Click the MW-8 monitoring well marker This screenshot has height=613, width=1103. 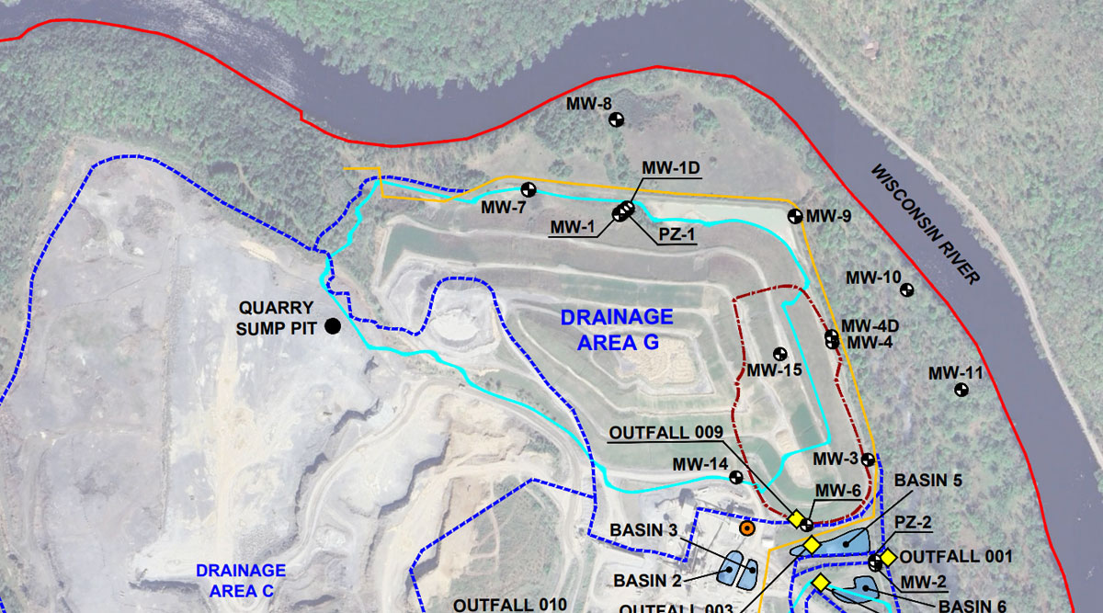[x=617, y=119]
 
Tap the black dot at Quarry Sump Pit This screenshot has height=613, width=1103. [x=332, y=325]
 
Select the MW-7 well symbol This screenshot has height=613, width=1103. [x=529, y=189]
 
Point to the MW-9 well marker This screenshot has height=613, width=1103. [x=795, y=216]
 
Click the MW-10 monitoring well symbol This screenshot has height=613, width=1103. [x=907, y=289]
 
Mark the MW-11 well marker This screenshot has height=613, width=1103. [x=961, y=390]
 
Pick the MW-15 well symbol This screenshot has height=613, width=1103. [x=779, y=353]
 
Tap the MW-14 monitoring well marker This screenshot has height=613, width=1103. [x=736, y=477]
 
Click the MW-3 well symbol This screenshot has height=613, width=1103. [x=868, y=459]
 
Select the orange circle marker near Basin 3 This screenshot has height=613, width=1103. [x=747, y=528]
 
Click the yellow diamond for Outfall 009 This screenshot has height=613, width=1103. [x=796, y=518]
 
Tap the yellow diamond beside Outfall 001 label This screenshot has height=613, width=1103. [x=888, y=558]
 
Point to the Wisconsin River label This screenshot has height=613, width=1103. [x=926, y=224]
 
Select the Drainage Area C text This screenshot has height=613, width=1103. [x=240, y=581]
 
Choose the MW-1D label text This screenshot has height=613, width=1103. [x=671, y=168]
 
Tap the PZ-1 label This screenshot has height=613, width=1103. [x=677, y=234]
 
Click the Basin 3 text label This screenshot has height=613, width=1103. [x=642, y=530]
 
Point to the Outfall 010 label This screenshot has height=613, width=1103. [x=505, y=605]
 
